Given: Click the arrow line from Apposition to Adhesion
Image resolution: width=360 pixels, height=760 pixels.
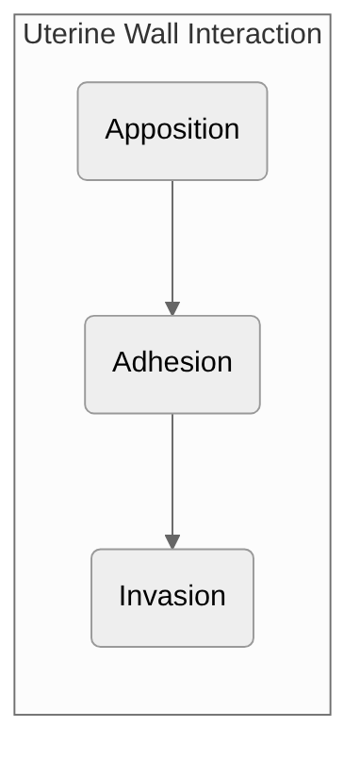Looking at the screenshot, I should tap(172, 240).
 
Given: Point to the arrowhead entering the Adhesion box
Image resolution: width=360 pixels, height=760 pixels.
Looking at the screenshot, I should tap(172, 308).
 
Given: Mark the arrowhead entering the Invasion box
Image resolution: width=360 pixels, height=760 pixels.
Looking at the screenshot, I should tap(172, 542).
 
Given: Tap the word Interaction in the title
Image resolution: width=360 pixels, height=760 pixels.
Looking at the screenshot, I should tap(255, 35).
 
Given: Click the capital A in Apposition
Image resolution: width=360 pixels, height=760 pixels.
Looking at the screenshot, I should tap(114, 129).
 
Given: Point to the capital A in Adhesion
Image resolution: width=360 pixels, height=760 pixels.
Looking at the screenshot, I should tap(122, 362).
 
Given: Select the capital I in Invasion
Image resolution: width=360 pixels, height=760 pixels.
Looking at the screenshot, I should tap(123, 596).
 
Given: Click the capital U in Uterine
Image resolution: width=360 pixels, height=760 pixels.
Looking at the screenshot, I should tap(32, 35).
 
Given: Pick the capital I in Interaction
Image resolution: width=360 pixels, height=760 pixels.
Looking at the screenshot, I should tap(191, 35).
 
